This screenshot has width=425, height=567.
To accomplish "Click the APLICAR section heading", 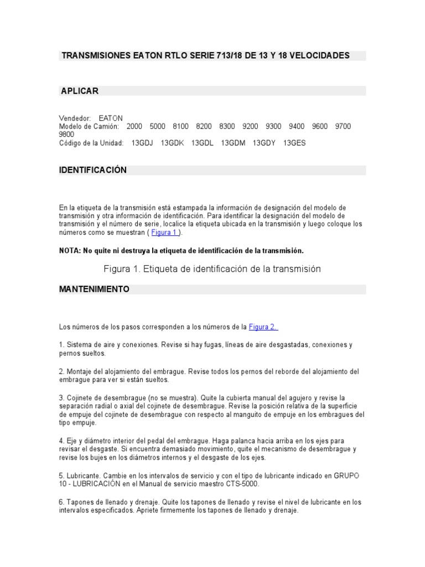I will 80,91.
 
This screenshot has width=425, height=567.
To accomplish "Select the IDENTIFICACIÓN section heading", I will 93,170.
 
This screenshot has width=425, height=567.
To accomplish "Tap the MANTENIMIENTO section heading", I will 94,289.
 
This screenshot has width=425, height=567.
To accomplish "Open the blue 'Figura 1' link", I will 164,233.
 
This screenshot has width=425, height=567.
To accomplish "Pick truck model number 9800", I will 67,134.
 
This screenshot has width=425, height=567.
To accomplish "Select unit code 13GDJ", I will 142,143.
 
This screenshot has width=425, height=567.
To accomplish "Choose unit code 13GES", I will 294,143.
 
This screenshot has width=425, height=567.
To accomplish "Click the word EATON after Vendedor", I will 111,118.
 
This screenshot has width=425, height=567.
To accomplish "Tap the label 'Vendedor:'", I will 75,118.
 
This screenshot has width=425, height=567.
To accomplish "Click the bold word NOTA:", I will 70,250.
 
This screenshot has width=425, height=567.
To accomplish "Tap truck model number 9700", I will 343,126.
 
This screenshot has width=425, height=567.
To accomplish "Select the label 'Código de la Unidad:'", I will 91,143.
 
